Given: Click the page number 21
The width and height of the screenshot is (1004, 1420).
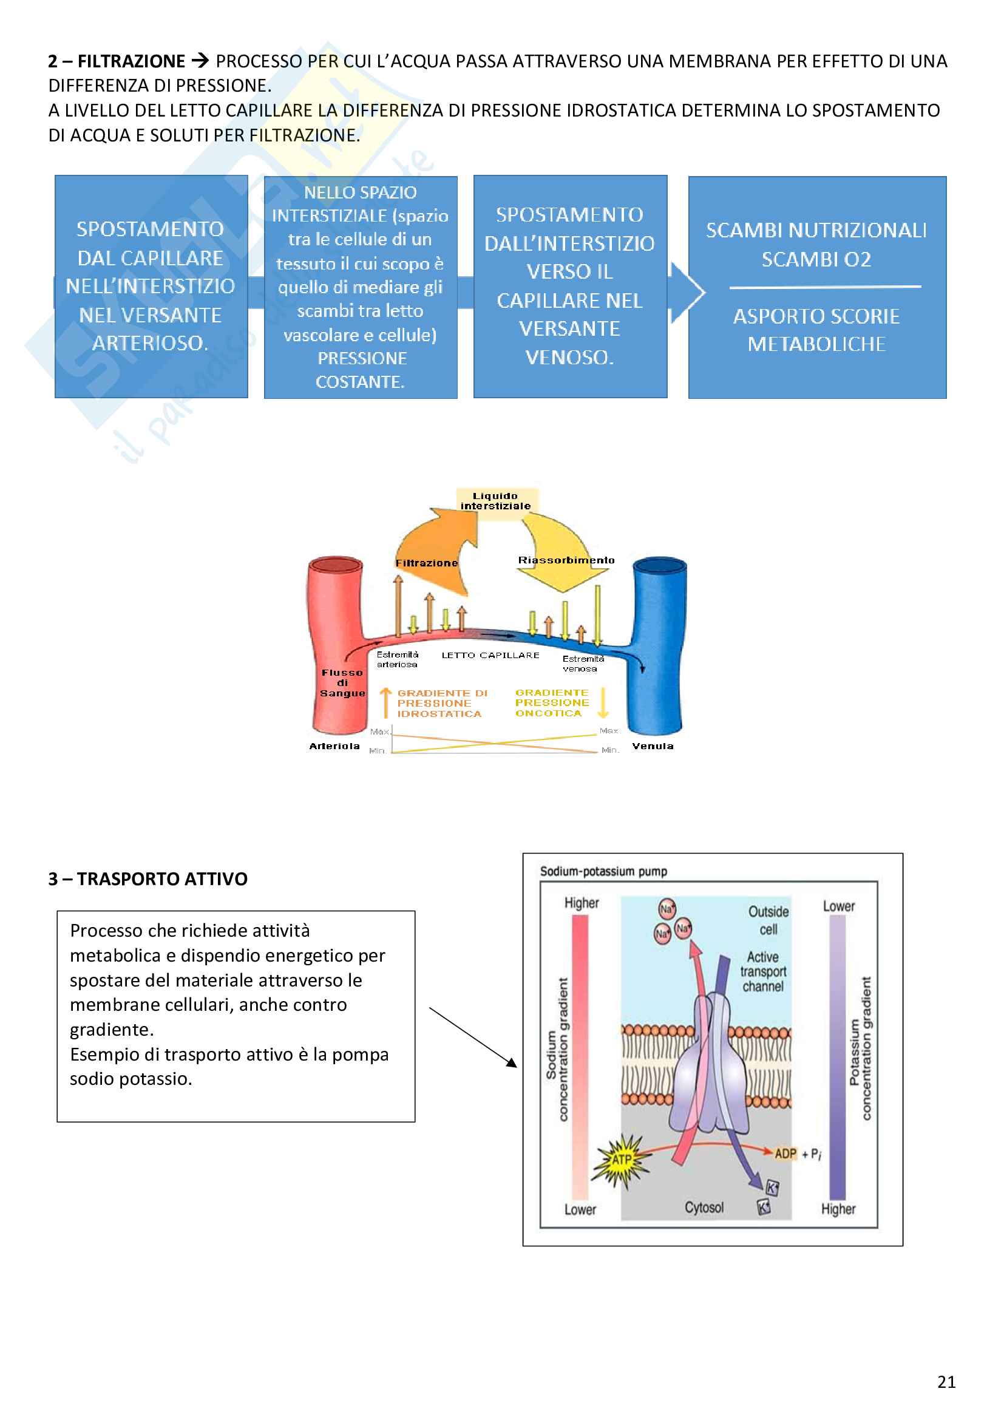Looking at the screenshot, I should (x=946, y=1382).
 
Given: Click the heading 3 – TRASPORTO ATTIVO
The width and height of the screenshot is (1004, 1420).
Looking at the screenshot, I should (x=148, y=879).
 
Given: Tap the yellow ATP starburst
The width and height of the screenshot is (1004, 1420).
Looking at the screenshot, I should (x=622, y=1160).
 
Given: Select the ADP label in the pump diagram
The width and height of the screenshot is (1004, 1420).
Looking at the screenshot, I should (x=785, y=1153).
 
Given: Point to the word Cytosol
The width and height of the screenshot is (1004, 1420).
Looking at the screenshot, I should (x=704, y=1208).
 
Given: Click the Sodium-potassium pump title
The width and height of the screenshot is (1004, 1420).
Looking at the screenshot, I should (x=603, y=871).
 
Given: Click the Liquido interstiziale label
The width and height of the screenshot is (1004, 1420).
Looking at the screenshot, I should (x=496, y=501).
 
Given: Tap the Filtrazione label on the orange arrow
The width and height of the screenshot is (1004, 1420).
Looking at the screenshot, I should (x=427, y=563).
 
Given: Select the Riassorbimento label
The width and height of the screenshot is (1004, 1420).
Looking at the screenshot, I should (x=566, y=560).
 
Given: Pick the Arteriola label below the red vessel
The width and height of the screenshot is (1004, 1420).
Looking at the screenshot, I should (x=334, y=746).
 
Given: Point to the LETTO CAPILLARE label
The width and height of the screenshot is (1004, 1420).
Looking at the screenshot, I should (x=490, y=655).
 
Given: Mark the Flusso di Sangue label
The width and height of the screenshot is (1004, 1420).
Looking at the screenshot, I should (x=342, y=683).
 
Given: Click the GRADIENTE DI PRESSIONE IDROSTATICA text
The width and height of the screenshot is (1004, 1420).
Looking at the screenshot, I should (x=440, y=703).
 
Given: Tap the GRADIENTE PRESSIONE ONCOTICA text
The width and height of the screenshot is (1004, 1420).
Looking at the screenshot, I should (x=551, y=702).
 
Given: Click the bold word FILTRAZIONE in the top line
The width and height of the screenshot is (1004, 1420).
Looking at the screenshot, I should (x=131, y=61).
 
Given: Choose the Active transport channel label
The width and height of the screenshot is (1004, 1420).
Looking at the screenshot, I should (x=763, y=971).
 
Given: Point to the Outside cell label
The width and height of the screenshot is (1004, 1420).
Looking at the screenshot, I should (x=768, y=920).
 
